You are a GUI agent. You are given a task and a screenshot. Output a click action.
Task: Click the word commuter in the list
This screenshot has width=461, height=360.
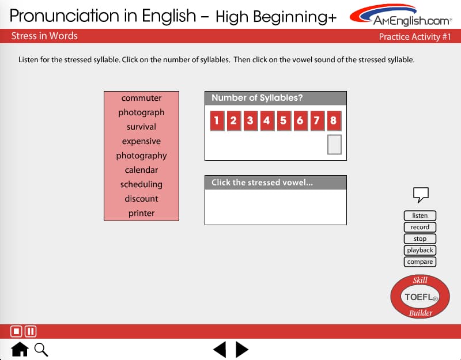pyautogui.click(x=141, y=98)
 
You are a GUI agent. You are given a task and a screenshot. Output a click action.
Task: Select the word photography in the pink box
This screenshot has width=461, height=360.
pyautogui.click(x=141, y=156)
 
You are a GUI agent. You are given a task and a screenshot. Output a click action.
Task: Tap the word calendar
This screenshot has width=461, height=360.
pyautogui.click(x=141, y=170)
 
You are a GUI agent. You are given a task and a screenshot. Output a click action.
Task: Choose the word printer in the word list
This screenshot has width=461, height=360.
pyautogui.click(x=141, y=213)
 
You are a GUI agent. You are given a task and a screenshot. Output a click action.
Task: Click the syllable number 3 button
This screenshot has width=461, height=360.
pyautogui.click(x=250, y=120)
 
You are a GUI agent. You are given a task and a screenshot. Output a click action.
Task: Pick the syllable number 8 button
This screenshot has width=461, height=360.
pyautogui.click(x=334, y=120)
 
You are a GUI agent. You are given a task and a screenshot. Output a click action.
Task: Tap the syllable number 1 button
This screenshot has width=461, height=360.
pyautogui.click(x=217, y=120)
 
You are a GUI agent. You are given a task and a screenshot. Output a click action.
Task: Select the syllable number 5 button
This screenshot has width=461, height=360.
pyautogui.click(x=284, y=120)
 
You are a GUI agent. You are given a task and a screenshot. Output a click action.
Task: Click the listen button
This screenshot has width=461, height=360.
pyautogui.click(x=420, y=215)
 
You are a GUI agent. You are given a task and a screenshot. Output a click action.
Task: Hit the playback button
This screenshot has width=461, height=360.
pyautogui.click(x=420, y=250)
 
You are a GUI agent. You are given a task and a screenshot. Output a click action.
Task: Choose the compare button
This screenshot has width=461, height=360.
pyautogui.click(x=420, y=262)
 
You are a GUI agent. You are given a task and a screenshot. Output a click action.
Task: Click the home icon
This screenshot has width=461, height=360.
pyautogui.click(x=20, y=349)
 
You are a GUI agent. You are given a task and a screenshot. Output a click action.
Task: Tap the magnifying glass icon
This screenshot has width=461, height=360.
pyautogui.click(x=41, y=350)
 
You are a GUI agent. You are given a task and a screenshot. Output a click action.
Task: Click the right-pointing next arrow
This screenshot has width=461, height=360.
pyautogui.click(x=242, y=350)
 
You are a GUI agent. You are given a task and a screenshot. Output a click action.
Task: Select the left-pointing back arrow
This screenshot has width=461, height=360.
pyautogui.click(x=220, y=350)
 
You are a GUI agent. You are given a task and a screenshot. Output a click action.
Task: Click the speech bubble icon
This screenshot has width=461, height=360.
pyautogui.click(x=421, y=194)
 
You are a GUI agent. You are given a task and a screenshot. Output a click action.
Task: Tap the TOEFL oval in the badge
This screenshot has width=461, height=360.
pyautogui.click(x=420, y=297)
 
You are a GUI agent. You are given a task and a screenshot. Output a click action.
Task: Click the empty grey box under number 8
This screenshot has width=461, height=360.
pyautogui.click(x=334, y=145)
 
